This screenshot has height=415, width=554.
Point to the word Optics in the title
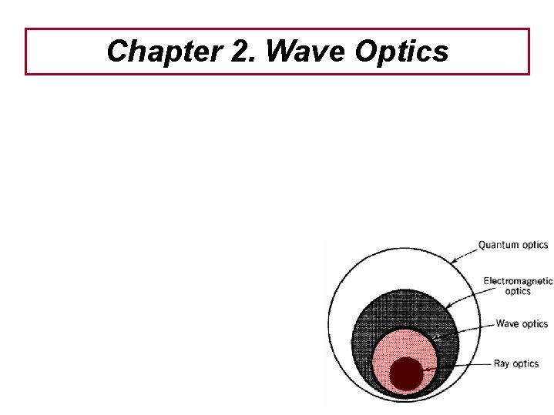point(401,52)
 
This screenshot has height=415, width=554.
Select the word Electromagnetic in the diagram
point(518,282)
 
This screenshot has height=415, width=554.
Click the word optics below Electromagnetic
point(518,292)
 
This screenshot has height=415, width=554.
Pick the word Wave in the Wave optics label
point(508,324)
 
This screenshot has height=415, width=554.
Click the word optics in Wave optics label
point(536,324)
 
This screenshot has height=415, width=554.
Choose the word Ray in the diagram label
point(502,364)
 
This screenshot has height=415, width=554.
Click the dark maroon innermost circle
point(406,374)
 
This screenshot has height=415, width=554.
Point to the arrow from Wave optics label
point(462,330)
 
